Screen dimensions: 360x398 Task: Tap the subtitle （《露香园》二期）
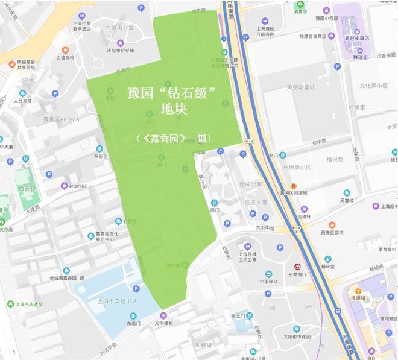(x=173, y=138)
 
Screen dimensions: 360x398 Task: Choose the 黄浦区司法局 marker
(x=294, y=186)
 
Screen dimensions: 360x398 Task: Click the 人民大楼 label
(x=22, y=101)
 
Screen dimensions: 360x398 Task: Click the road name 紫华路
(x=319, y=142)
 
